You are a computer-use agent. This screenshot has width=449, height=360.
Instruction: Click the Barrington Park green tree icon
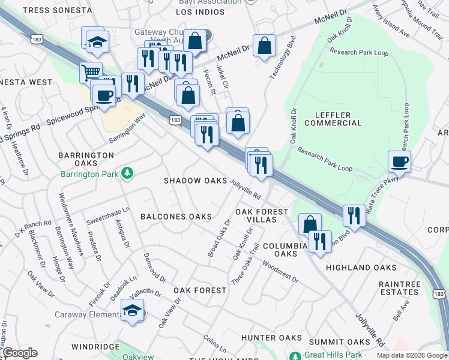point(127,174)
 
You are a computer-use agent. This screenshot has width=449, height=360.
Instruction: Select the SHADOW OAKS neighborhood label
point(196,181)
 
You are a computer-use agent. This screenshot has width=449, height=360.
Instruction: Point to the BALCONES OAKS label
point(176,216)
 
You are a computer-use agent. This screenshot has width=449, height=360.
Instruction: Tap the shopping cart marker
point(91,73)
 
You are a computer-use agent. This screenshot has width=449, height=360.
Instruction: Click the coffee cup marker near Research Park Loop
point(399,161)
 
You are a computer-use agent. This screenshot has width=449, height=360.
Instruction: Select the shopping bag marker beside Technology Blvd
point(264,46)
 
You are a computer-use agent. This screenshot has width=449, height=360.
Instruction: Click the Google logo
point(20,353)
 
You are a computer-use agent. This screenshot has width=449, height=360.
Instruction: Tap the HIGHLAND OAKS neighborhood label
point(354,267)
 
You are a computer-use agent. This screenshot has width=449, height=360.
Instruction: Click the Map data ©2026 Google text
point(412,355)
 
